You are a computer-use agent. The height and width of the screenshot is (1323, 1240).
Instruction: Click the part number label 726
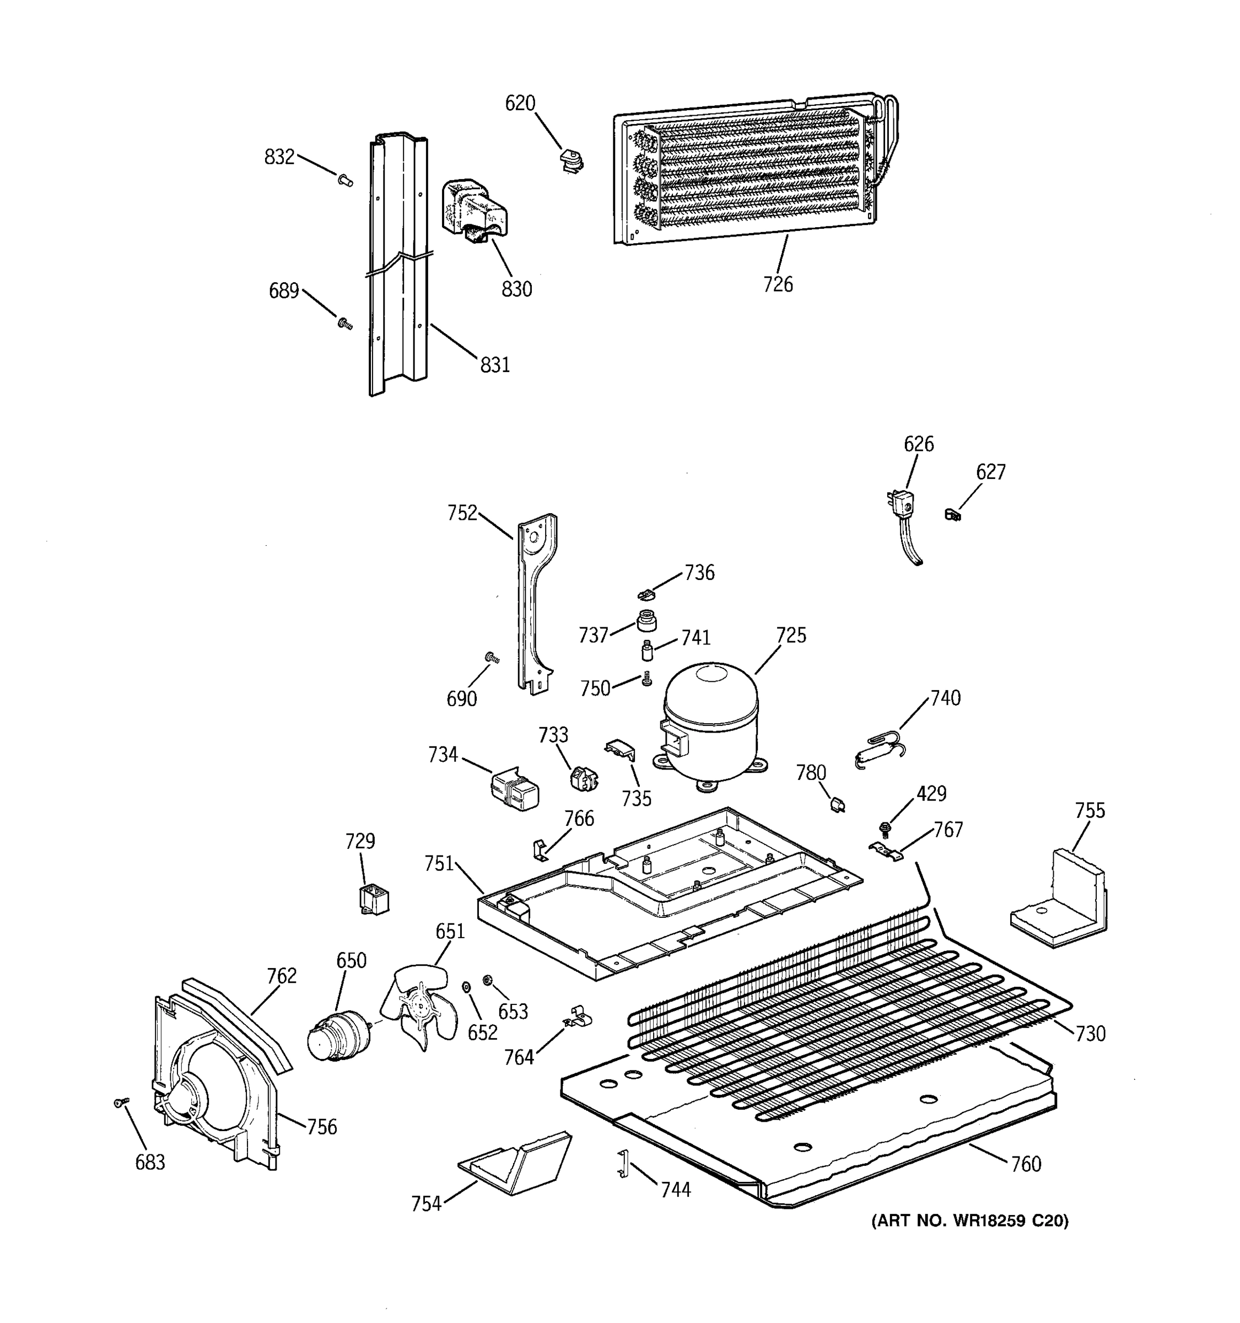778,285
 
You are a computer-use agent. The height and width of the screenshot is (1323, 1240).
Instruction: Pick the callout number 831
495,365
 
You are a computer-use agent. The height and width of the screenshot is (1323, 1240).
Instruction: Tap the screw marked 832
344,180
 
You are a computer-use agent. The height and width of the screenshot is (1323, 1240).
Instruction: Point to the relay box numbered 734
515,789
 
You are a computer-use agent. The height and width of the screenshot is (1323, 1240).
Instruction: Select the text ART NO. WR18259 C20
970,1220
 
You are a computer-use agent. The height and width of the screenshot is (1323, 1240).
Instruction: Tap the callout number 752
462,513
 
